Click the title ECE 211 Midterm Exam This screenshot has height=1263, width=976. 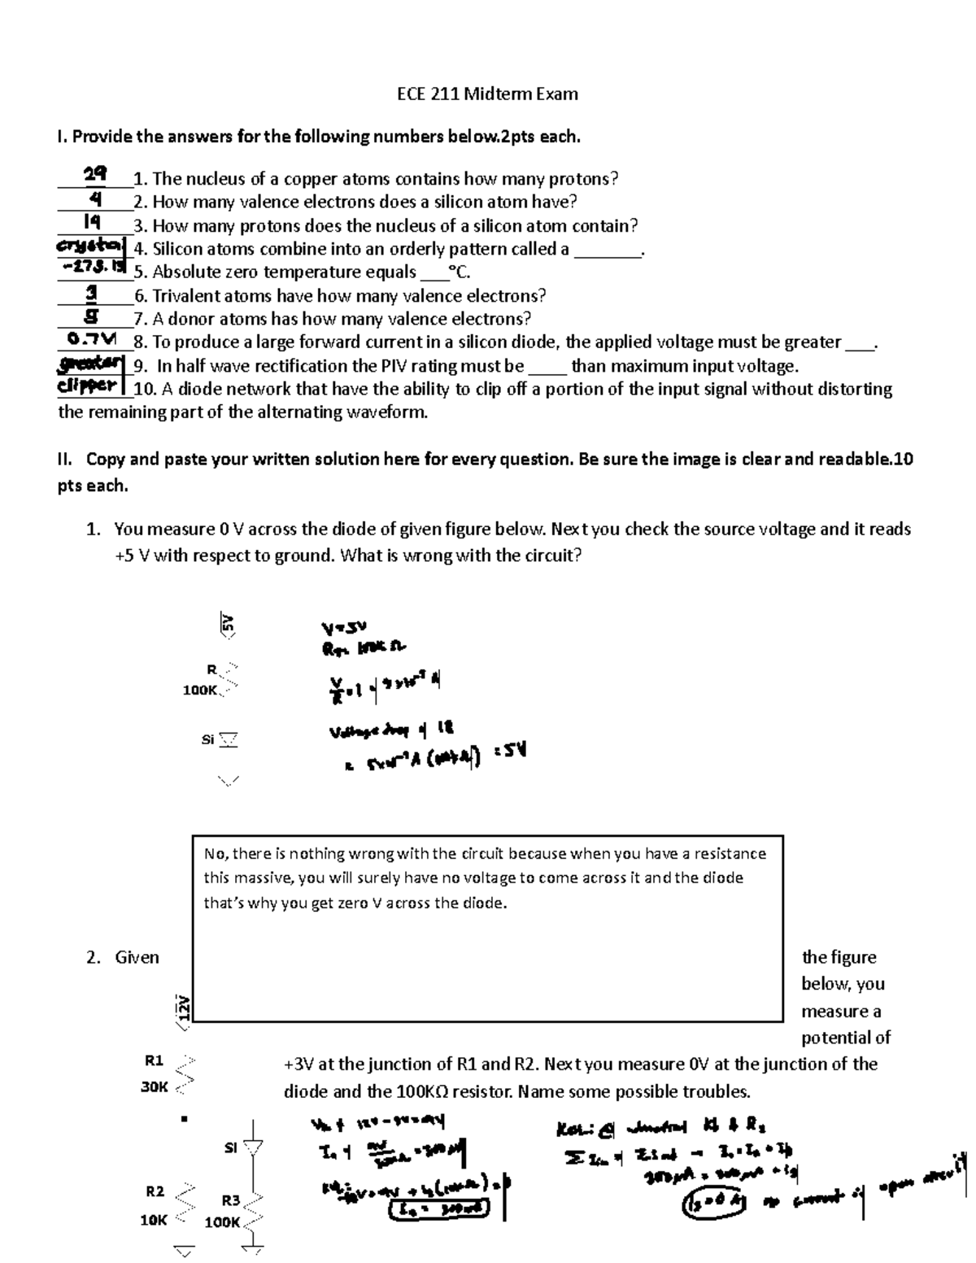487,94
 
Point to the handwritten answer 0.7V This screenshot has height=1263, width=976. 92,338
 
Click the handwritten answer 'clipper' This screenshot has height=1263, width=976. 88,385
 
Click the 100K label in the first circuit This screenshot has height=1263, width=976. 200,690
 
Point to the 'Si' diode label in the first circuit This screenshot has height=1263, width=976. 207,740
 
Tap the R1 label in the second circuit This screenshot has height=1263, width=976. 154,1060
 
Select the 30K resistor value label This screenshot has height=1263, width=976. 154,1087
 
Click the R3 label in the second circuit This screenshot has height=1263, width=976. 231,1200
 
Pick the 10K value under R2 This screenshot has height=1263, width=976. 154,1220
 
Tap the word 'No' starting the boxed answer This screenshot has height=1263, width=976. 214,854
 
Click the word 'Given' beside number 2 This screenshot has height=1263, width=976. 137,957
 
